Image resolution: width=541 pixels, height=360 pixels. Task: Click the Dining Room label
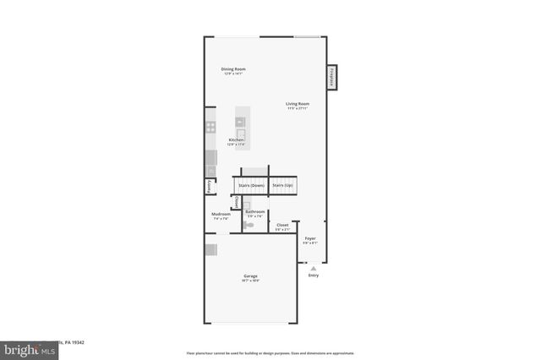tap(233, 69)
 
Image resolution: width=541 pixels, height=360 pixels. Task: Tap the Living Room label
tap(297, 104)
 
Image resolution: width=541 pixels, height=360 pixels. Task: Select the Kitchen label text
tap(236, 139)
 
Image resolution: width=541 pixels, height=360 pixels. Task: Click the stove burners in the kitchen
tap(210, 128)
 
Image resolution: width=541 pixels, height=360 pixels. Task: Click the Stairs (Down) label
tap(251, 184)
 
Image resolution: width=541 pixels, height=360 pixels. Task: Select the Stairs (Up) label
tap(282, 184)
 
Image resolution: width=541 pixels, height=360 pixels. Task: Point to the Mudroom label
tap(221, 215)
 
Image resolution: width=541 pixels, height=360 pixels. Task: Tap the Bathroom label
tap(255, 211)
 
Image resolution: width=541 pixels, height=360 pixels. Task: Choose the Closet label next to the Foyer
tap(282, 225)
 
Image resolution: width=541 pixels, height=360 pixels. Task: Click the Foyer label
tap(310, 238)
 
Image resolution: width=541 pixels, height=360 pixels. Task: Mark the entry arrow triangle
tap(313, 267)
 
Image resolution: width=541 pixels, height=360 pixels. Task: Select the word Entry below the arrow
tap(314, 275)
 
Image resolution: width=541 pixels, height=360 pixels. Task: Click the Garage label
tap(251, 276)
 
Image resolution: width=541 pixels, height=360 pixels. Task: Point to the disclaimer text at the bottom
tap(270, 352)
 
